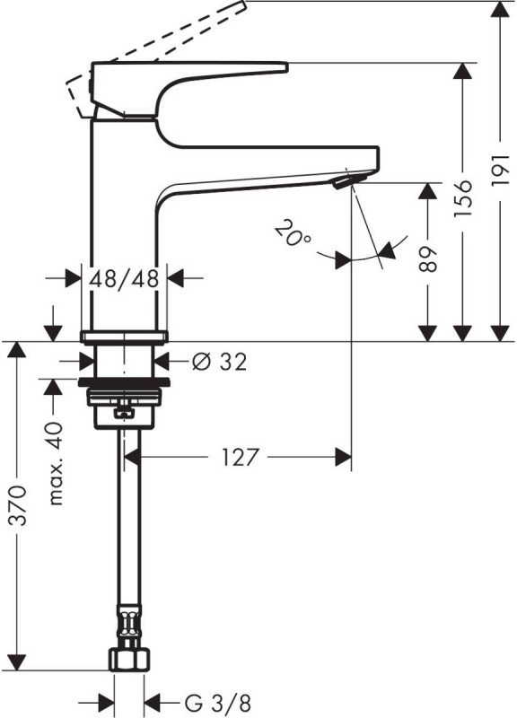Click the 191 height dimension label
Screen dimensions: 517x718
tap(500, 170)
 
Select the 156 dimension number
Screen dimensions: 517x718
tap(462, 198)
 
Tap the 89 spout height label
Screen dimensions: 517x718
tap(428, 259)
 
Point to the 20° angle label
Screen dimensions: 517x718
tap(294, 233)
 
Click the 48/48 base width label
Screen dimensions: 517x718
tap(124, 278)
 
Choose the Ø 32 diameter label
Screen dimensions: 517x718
tap(219, 362)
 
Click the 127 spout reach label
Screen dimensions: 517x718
tap(241, 457)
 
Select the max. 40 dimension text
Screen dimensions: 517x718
tap(56, 463)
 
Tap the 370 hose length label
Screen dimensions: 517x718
tap(18, 504)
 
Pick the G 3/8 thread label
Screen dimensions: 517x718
tap(218, 703)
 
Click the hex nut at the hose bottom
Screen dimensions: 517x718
tap(129, 660)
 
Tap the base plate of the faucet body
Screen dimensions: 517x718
tap(124, 337)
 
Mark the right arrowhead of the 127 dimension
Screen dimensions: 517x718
tap(344, 457)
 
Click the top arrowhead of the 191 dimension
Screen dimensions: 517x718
tap(500, 9)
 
